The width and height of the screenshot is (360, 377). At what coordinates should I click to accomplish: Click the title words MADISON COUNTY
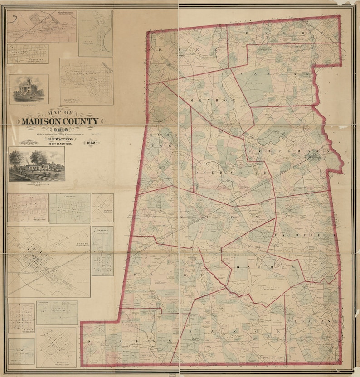click(59, 121)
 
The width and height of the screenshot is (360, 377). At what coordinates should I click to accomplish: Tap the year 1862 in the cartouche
click(91, 143)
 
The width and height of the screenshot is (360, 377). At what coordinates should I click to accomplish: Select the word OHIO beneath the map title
click(58, 130)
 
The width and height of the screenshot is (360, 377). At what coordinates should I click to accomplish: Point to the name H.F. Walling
click(59, 139)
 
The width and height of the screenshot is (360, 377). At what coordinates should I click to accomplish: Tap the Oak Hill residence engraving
click(37, 164)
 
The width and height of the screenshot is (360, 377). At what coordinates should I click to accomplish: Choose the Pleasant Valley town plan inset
click(86, 81)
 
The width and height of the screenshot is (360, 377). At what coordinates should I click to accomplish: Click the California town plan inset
click(70, 208)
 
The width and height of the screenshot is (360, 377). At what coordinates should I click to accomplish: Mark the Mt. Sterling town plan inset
click(56, 347)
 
